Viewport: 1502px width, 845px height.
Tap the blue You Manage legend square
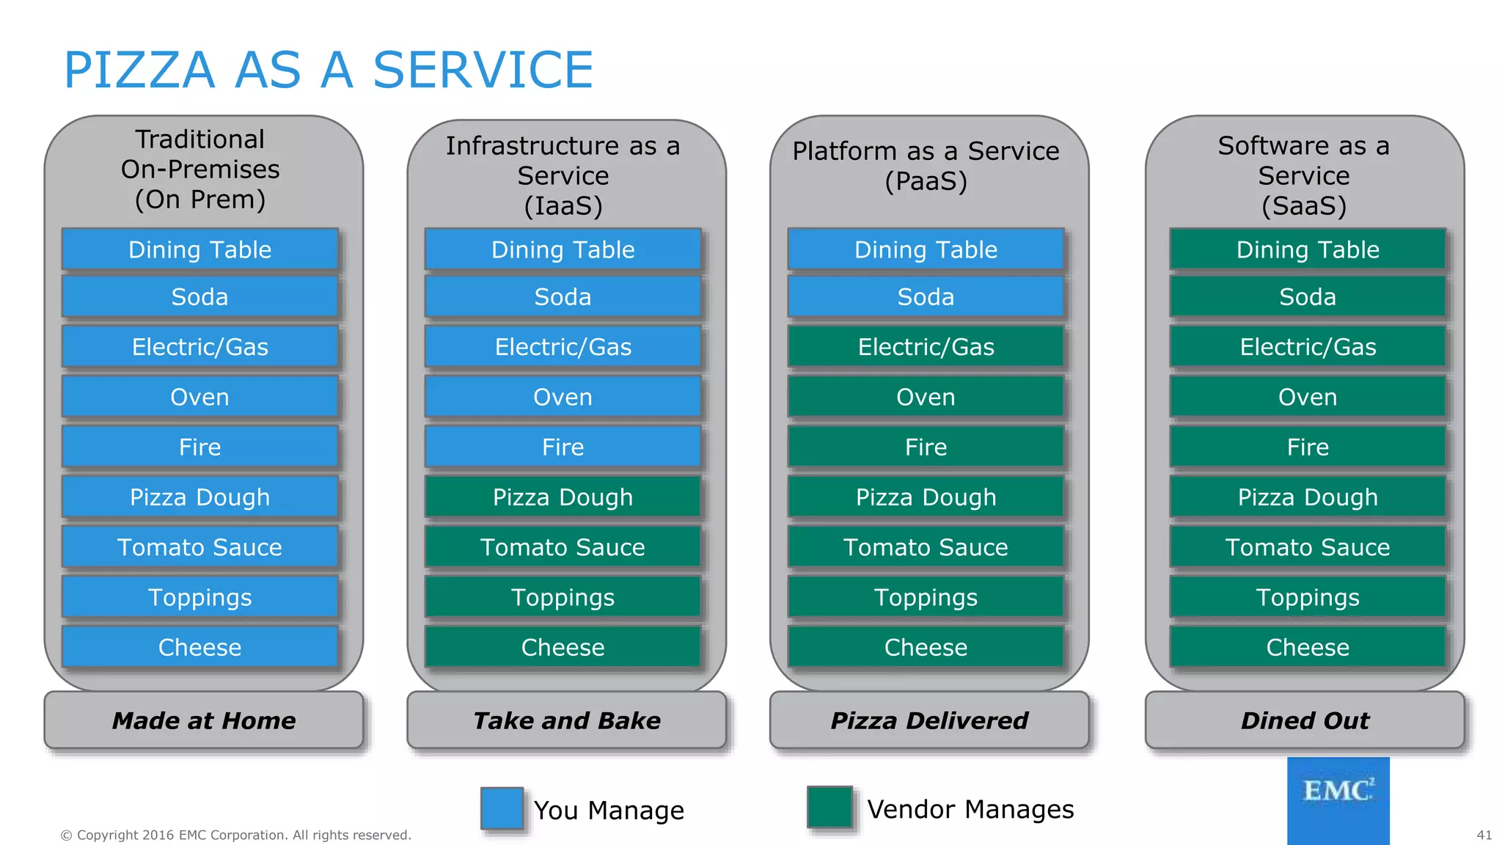[x=502, y=808]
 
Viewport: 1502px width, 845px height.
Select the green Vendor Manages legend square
[x=829, y=807]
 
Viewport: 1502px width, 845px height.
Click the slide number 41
[x=1484, y=835]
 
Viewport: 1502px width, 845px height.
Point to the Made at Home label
[x=204, y=720]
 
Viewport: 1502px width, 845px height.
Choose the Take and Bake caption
[x=566, y=720]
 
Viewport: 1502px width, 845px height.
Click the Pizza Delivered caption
[x=928, y=720]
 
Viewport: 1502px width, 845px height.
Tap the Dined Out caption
[x=1304, y=720]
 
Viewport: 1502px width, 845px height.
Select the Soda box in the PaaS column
[x=926, y=296]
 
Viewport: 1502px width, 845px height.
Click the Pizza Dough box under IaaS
[x=563, y=497]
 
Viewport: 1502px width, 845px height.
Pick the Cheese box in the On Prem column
[x=199, y=647]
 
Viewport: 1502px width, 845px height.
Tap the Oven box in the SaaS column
[x=1308, y=397]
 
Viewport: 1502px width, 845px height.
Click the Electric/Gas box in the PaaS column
[x=926, y=346]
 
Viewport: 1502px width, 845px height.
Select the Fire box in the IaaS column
[x=563, y=447]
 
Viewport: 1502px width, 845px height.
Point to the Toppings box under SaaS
[x=1308, y=597]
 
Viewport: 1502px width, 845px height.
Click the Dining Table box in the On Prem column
[x=199, y=249]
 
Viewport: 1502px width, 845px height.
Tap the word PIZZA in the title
[x=139, y=70]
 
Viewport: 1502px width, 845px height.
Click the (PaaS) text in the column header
[x=926, y=181]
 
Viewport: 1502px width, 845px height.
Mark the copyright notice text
[x=235, y=835]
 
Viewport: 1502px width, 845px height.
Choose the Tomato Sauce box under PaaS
[x=926, y=547]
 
